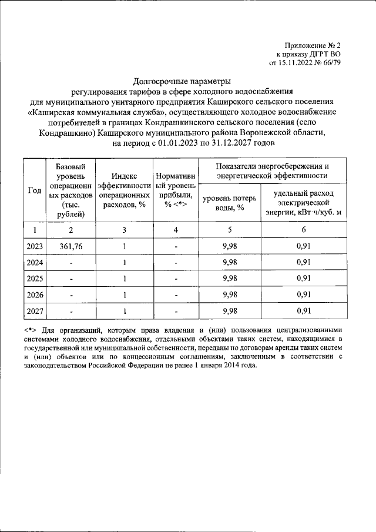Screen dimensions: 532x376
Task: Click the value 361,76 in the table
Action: pyautogui.click(x=70, y=246)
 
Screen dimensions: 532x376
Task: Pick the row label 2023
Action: pyautogui.click(x=35, y=246)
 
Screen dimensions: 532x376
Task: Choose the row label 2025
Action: pyautogui.click(x=35, y=278)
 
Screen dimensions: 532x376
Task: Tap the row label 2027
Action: pyautogui.click(x=35, y=310)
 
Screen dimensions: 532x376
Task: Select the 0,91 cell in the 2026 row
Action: pyautogui.click(x=303, y=295)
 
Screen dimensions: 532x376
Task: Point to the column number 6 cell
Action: pyautogui.click(x=303, y=230)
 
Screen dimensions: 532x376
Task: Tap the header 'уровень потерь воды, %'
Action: pyautogui.click(x=226, y=203)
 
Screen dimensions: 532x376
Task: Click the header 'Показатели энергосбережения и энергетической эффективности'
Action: pyautogui.click(x=271, y=170)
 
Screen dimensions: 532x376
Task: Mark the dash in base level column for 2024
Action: pyautogui.click(x=70, y=262)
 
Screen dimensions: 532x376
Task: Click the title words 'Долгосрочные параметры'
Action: pyautogui.click(x=182, y=81)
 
